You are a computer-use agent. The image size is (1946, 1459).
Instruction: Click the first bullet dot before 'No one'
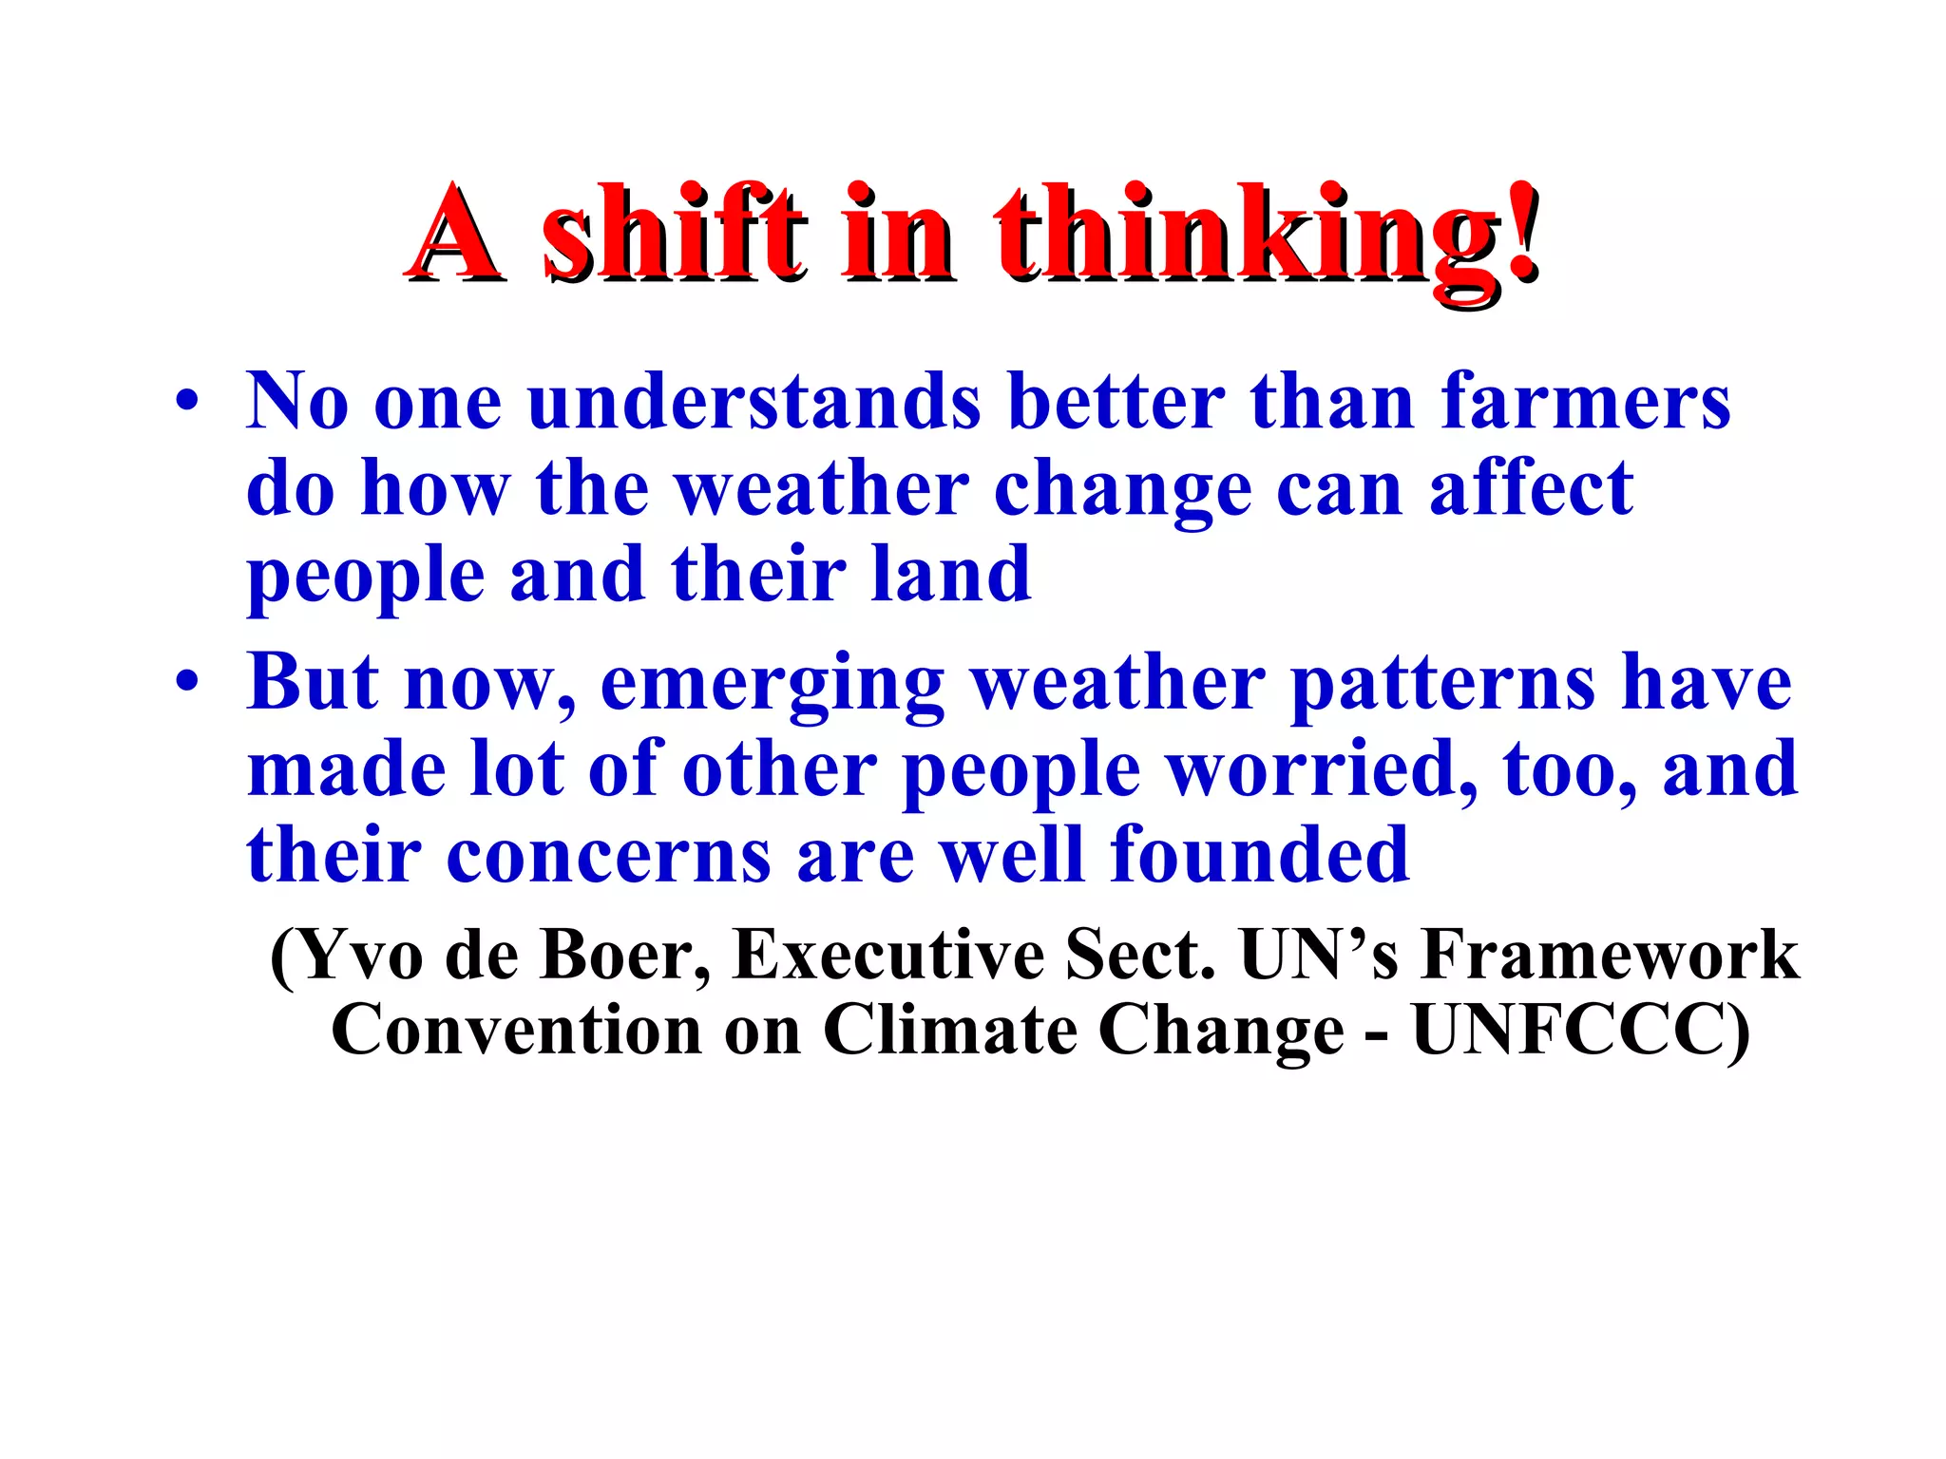click(187, 401)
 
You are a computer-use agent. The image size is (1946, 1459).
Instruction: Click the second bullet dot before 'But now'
click(187, 681)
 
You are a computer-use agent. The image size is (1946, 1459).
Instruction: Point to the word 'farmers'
click(1586, 401)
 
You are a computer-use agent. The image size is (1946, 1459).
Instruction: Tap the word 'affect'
click(1531, 488)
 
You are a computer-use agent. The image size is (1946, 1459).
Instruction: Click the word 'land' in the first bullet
click(951, 575)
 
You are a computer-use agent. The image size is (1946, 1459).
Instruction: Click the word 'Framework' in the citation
click(1609, 954)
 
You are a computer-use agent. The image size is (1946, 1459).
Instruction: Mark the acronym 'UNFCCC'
click(1568, 1030)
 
